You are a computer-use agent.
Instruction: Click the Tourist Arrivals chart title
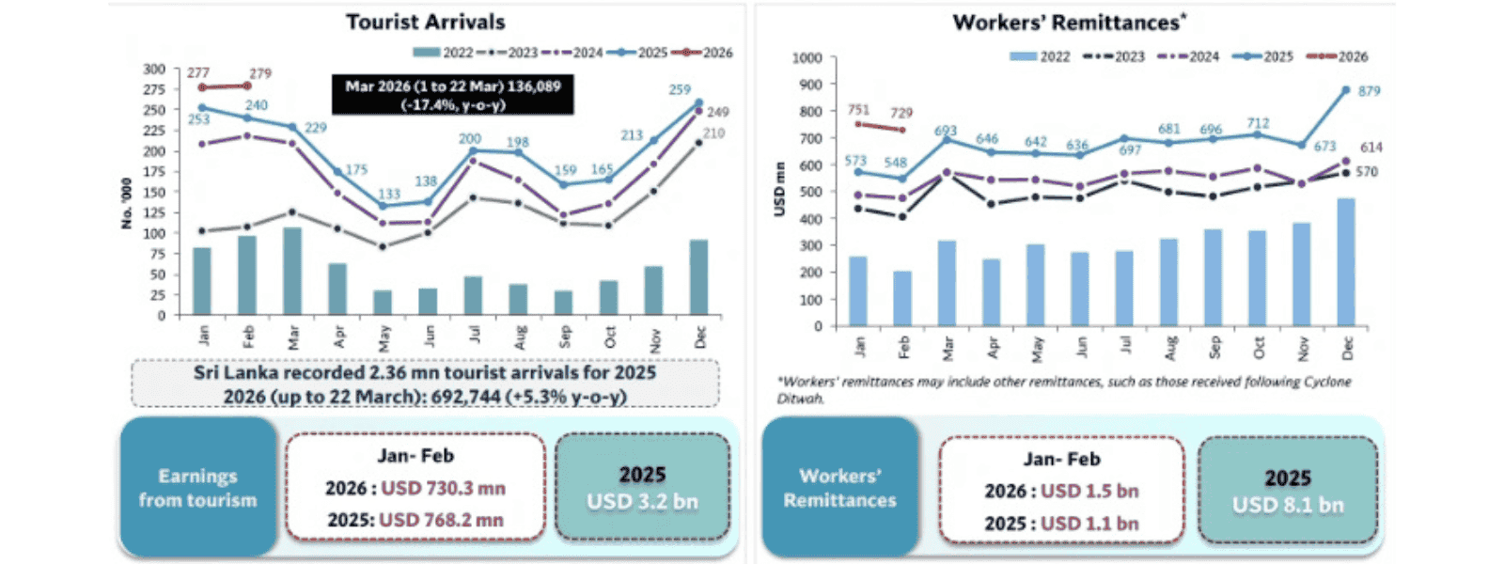(425, 22)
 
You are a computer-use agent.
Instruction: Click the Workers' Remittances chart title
(1069, 23)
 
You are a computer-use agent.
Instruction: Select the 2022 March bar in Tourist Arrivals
(292, 271)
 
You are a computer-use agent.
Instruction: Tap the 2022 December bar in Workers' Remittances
(1346, 262)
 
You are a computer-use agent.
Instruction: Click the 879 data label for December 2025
(1370, 91)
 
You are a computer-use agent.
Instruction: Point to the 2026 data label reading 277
(198, 72)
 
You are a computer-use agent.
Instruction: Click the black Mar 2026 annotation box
(452, 95)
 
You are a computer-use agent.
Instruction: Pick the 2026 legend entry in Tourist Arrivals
(707, 53)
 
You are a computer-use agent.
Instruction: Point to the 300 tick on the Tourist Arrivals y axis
(154, 69)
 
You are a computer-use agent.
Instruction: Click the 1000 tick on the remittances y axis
(807, 58)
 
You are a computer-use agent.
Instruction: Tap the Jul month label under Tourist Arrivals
(475, 335)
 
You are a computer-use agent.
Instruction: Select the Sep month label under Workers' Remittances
(1214, 347)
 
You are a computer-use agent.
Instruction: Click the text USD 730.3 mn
(443, 489)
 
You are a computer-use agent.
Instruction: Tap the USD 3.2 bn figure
(642, 502)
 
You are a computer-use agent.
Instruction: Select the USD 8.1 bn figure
(1288, 505)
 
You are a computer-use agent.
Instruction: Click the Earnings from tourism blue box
(197, 488)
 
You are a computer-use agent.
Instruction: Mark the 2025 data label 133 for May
(388, 195)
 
